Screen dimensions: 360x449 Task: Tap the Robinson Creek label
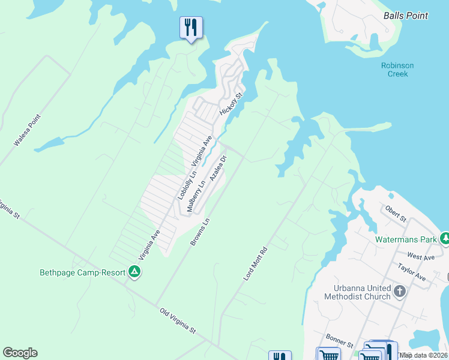point(397,70)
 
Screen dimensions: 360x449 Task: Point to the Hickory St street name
point(231,104)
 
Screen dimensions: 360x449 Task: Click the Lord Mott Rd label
point(255,263)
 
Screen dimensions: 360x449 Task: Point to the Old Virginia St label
point(178,321)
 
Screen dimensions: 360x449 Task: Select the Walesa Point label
point(26,131)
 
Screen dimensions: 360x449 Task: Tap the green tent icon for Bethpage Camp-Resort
point(135,272)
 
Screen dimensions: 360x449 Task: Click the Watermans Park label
point(406,239)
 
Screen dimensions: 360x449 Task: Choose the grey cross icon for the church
point(400,292)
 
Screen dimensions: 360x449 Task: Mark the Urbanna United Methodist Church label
point(357,292)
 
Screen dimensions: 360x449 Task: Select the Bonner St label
point(339,340)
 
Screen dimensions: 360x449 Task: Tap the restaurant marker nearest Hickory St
point(191,27)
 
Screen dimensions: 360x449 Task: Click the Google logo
point(20,353)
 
